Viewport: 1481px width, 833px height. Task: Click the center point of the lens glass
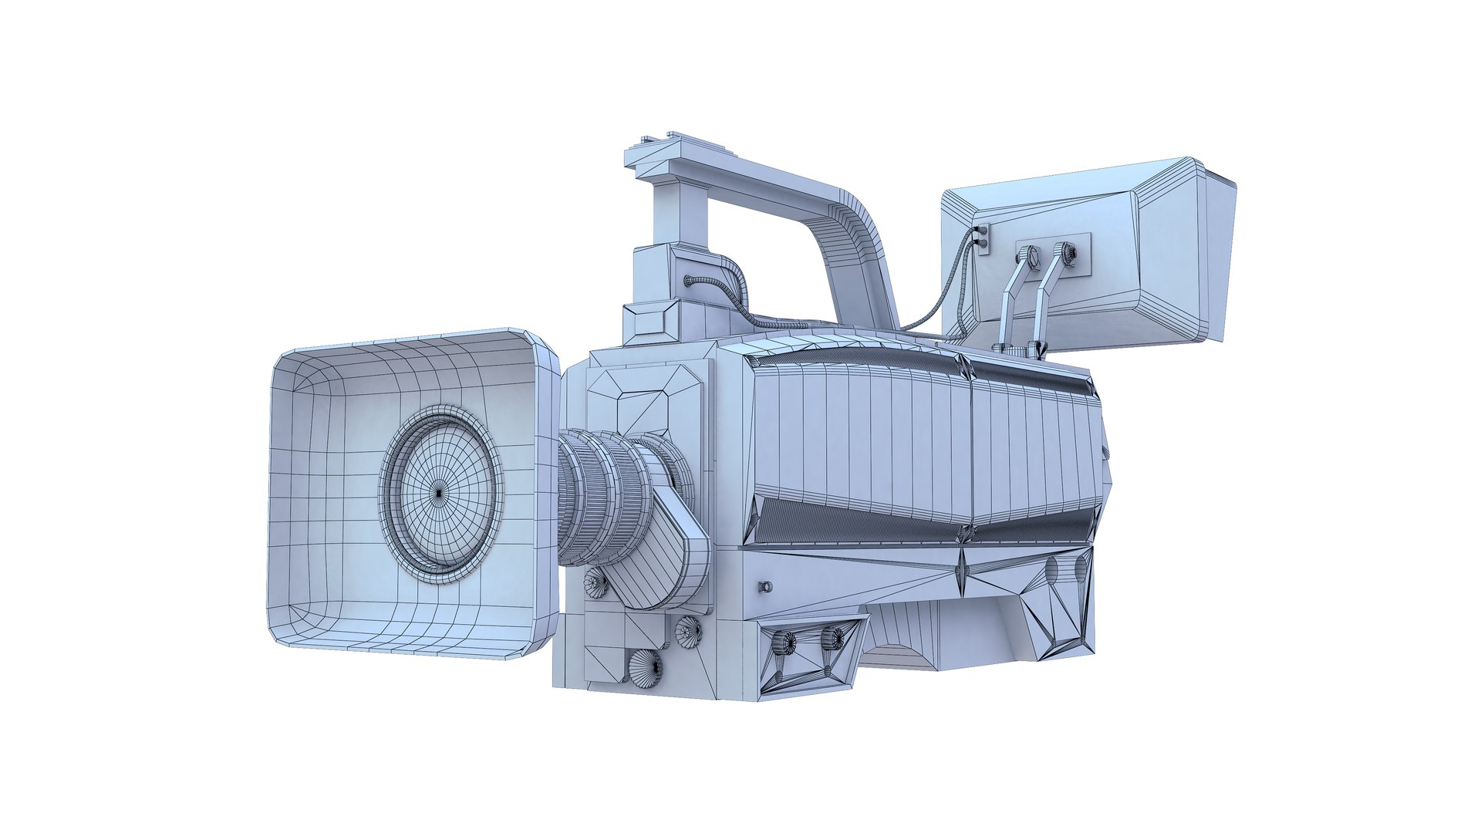440,492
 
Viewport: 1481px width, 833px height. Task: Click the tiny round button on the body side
765,587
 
